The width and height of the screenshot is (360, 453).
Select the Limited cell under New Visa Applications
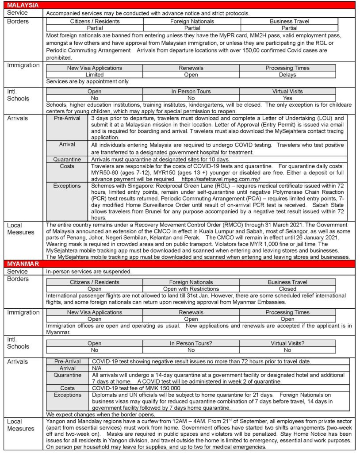94,75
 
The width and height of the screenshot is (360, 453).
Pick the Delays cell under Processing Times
287,75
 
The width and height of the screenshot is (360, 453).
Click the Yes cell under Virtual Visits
287,98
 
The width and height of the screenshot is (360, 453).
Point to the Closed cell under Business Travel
287,289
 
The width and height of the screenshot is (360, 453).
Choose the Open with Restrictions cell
191,289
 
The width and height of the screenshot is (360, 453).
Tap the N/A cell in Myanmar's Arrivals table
96,368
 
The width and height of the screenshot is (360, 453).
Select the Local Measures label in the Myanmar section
20,425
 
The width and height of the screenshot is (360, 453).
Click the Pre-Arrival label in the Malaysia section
67,119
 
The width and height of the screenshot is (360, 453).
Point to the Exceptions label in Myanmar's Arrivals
67,395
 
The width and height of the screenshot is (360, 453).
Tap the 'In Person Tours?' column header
191,343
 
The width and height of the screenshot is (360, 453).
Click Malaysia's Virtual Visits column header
287,92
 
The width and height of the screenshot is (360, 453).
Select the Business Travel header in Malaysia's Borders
289,21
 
